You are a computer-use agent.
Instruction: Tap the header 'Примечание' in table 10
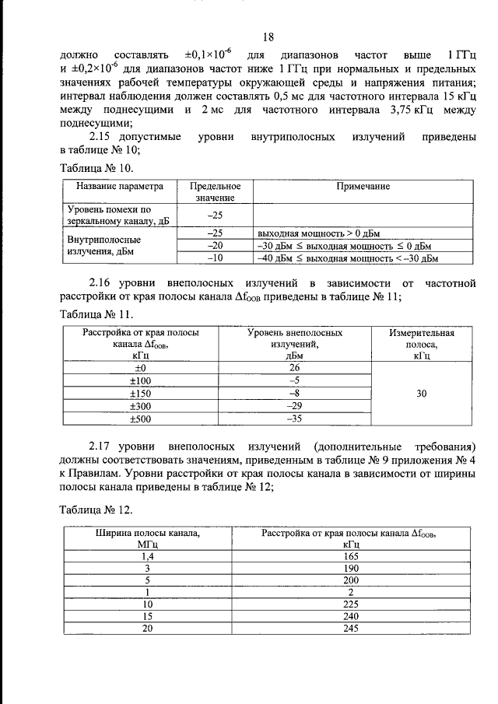[x=363, y=187]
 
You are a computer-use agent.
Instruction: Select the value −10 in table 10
[x=215, y=259]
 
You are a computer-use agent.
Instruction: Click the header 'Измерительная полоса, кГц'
[x=422, y=343]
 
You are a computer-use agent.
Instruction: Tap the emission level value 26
[x=294, y=367]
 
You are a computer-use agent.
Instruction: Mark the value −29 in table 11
[x=294, y=406]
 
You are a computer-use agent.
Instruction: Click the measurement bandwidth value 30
[x=422, y=394]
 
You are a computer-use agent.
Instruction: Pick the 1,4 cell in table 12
[x=148, y=557]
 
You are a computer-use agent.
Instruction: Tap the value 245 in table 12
[x=349, y=629]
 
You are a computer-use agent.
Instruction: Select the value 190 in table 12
[x=349, y=569]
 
